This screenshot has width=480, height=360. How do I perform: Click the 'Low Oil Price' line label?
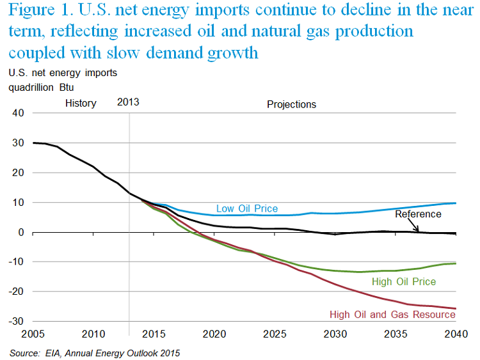246,208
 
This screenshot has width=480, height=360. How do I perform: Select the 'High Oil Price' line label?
403,281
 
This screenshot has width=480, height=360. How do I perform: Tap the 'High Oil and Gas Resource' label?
392,314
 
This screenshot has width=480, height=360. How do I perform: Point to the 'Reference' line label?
418,214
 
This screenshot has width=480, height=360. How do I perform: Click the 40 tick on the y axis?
17,113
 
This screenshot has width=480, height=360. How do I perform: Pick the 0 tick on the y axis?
20,232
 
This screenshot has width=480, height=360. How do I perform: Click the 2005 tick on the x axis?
33,334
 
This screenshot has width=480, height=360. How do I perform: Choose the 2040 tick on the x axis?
455,334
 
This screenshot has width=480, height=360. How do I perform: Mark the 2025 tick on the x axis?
274,334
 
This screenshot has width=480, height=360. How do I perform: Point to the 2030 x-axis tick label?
334,334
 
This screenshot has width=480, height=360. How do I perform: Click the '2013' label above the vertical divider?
128,102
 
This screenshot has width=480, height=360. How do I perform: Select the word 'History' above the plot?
81,103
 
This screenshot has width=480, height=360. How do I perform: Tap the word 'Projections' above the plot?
291,104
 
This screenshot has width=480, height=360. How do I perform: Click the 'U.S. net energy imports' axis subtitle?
63,73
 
